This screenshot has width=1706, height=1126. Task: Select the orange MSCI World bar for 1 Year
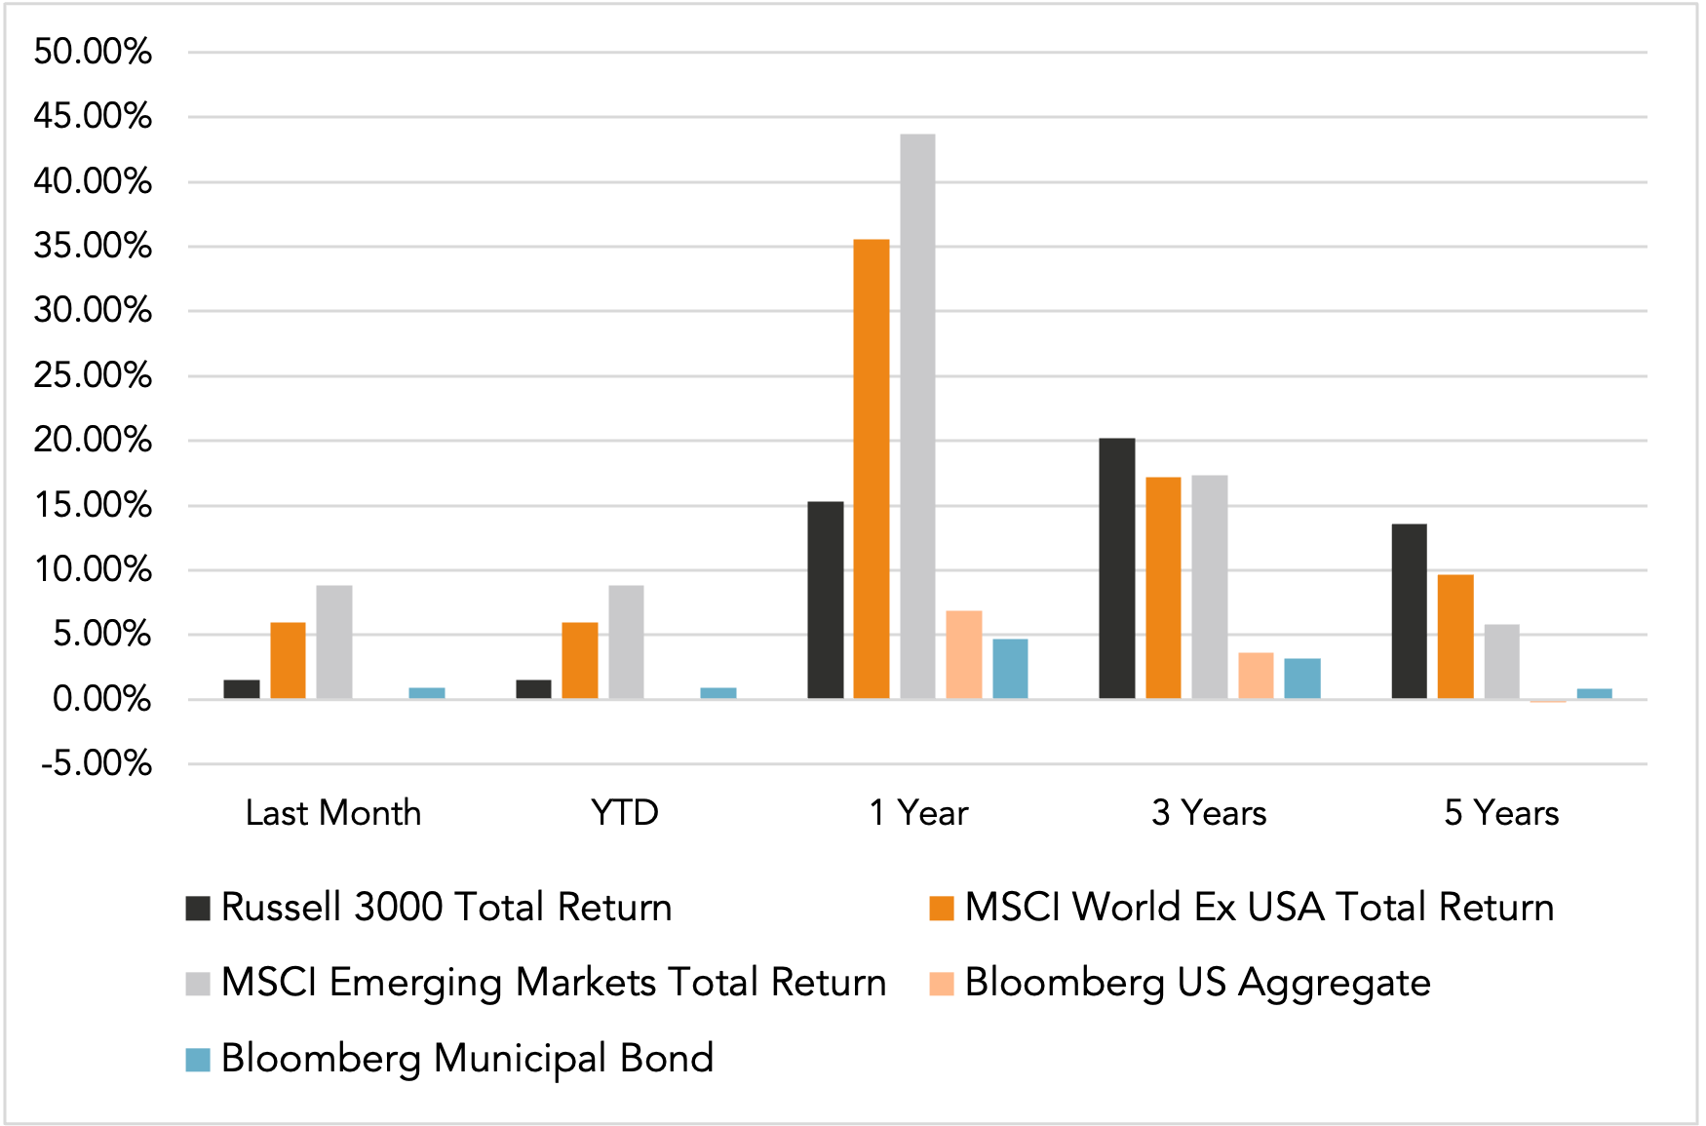click(871, 469)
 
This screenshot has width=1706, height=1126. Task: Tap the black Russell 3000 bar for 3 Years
click(1116, 568)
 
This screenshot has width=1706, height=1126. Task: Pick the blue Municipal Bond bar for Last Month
click(427, 693)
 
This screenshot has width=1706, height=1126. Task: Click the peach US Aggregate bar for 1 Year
click(963, 655)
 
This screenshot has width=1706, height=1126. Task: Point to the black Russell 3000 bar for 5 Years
click(1409, 611)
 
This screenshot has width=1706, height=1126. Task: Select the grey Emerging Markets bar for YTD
click(626, 642)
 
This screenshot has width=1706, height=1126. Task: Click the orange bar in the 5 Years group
click(1455, 637)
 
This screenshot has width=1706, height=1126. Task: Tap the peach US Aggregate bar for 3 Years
click(1256, 676)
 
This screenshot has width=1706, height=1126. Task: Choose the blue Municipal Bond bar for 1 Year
click(1010, 669)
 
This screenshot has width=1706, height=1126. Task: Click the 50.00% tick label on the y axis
click(93, 52)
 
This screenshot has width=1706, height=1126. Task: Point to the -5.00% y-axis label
click(97, 763)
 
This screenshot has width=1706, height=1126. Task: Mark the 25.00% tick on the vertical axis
click(93, 375)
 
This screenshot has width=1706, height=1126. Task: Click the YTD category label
click(625, 812)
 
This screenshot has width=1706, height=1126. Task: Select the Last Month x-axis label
click(333, 812)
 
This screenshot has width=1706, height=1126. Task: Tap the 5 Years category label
click(1501, 812)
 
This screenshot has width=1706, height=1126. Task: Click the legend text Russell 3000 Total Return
click(446, 908)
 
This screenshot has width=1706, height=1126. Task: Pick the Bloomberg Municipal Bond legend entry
click(467, 1059)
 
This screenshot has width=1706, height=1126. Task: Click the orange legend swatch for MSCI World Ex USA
click(942, 908)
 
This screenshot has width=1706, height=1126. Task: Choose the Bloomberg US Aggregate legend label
click(1197, 983)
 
